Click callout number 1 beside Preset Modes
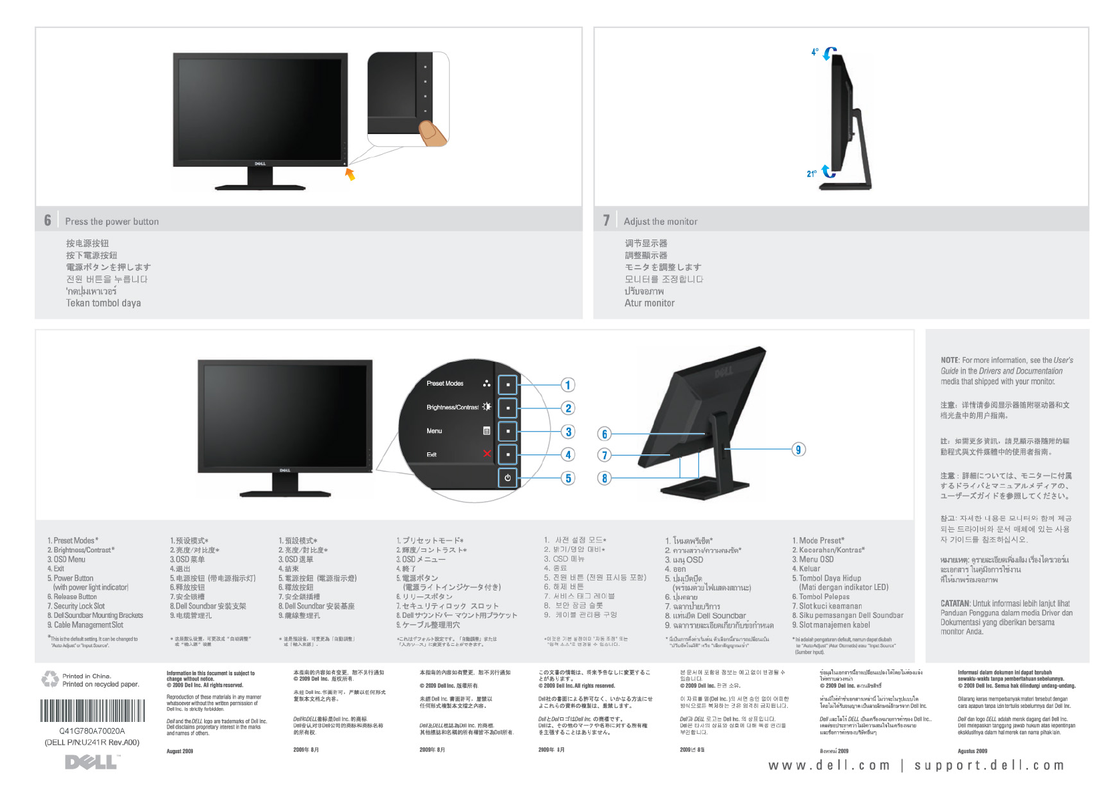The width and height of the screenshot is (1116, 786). point(568,385)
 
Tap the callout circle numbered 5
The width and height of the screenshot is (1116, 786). point(568,478)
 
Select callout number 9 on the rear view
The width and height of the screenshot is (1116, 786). point(798,449)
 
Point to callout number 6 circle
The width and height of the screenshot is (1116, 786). point(605,434)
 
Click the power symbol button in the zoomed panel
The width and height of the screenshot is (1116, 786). point(508,478)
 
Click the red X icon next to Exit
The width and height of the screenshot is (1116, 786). point(487,454)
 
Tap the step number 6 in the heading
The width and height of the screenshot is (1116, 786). point(47,220)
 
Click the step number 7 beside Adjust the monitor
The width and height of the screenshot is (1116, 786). point(606,220)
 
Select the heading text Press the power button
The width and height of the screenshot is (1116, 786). point(111,222)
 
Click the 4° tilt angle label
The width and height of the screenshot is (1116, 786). point(814,52)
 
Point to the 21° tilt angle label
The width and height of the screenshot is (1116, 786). point(811,174)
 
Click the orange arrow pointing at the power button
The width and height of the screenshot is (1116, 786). point(350,174)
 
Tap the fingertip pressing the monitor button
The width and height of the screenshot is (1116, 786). point(433,131)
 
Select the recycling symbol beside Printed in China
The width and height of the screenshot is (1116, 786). point(50,679)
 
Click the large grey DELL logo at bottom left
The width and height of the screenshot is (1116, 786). point(91,762)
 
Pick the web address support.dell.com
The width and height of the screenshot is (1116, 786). point(989,765)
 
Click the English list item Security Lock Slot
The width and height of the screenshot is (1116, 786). point(79,607)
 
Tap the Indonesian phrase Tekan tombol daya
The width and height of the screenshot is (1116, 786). point(103,303)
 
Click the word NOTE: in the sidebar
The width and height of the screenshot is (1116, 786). point(950,360)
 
